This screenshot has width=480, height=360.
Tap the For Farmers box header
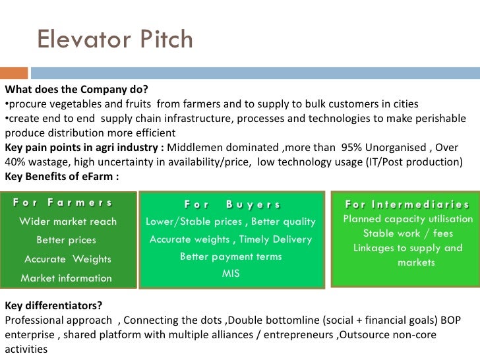pos(62,203)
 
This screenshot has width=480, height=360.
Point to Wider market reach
pos(68,222)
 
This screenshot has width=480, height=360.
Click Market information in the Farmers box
pos(67,278)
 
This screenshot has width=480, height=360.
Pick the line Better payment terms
pos(231,256)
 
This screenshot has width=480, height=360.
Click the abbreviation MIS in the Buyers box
pos(231,273)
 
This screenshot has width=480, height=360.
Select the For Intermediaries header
pos(407,204)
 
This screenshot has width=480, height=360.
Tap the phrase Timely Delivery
pos(276,239)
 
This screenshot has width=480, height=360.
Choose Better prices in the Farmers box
pos(66,240)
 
